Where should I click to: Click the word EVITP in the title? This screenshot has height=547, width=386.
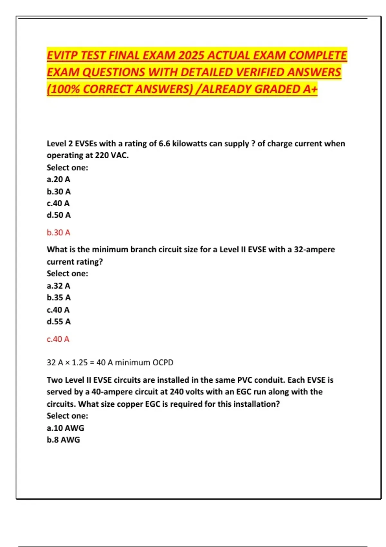point(62,56)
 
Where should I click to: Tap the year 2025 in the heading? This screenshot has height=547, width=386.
point(191,56)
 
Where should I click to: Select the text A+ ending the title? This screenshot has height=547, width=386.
point(310,89)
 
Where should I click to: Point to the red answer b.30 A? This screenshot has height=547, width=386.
point(58,233)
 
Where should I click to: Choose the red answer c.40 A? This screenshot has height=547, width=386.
point(58,339)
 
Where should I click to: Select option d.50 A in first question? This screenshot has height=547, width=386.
point(59,215)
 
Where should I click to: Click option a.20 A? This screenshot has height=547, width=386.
point(58,179)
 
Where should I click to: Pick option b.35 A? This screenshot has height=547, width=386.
point(59,298)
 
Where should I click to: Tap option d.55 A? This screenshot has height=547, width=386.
point(59,321)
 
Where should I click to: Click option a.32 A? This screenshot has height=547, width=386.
point(58,286)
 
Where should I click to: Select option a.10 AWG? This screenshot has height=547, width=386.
point(65,428)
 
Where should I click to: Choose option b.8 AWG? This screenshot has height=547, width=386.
point(63,440)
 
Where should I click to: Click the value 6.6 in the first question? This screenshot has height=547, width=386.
point(164,144)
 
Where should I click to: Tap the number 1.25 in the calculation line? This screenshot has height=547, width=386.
point(79,363)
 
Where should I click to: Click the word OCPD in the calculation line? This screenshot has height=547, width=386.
point(163,363)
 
